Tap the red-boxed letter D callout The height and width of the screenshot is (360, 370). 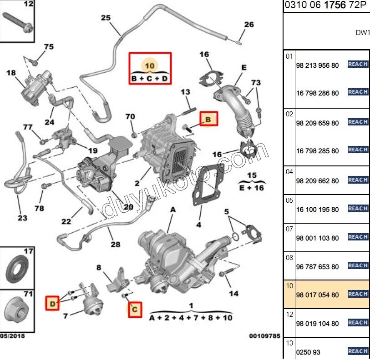[53, 303]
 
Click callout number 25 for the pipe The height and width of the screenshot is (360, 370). [106, 18]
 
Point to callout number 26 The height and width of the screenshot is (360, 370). [248, 25]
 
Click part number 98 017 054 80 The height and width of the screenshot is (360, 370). [317, 295]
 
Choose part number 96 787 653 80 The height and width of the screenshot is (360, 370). [317, 267]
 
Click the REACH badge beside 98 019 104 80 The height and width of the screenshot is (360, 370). [358, 323]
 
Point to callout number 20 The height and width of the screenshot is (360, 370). [128, 207]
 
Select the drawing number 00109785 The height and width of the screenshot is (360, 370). [264, 336]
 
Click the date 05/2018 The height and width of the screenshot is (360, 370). [12, 336]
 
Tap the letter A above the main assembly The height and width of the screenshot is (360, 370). [172, 210]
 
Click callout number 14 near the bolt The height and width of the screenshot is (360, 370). [233, 294]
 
